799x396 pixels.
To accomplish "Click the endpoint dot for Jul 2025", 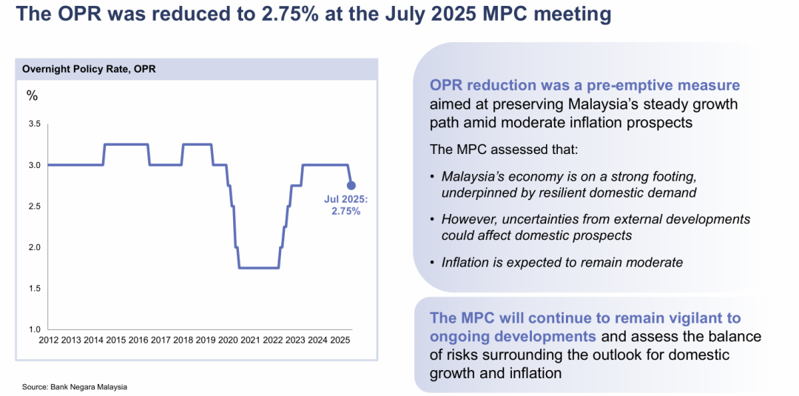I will coord(351,185).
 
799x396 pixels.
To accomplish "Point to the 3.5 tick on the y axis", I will coord(34,124).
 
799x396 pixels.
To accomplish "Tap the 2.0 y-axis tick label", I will coord(34,247).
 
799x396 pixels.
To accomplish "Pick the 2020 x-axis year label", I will coord(227,340).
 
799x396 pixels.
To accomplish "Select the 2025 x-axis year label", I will coord(339,340).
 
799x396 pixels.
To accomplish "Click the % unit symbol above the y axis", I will coord(32,95).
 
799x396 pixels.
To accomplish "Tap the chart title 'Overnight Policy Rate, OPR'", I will coord(89,70).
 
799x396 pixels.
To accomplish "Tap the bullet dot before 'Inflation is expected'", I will coord(432,262).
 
